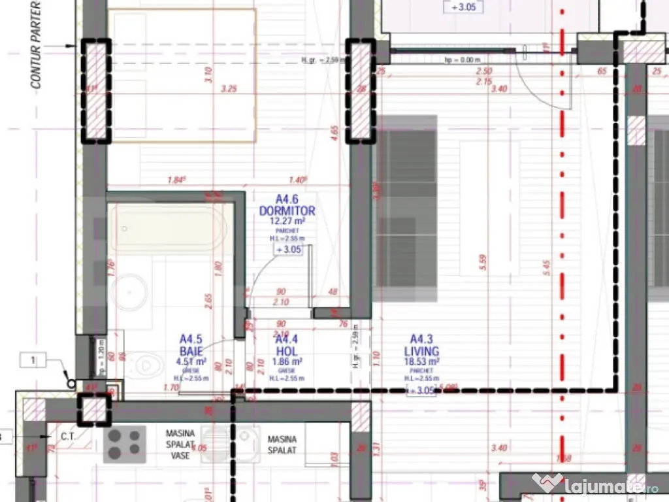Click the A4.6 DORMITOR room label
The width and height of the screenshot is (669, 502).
point(287,205)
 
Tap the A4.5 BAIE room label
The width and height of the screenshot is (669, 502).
point(191,344)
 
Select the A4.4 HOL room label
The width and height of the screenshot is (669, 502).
point(287,344)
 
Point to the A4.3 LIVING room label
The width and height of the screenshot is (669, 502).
point(421,344)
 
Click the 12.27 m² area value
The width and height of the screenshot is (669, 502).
point(287,222)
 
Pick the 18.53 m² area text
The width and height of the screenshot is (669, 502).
point(421,360)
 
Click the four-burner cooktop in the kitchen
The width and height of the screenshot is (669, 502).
point(125,443)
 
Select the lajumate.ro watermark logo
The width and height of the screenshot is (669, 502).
point(595,485)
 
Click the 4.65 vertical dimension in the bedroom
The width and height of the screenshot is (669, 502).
point(334,134)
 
